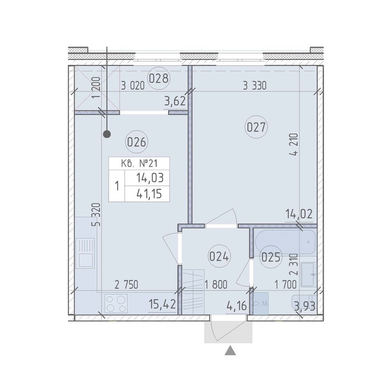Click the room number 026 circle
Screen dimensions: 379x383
(x=136, y=142)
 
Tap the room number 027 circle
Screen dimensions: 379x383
(x=256, y=127)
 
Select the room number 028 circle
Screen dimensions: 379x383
(x=159, y=79)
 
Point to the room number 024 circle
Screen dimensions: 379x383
(x=219, y=257)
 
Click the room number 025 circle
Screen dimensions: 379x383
(x=270, y=257)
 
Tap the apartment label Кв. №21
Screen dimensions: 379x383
(x=139, y=163)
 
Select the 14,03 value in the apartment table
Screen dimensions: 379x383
(x=150, y=178)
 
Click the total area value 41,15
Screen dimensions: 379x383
(x=149, y=193)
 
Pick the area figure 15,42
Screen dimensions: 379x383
(x=162, y=305)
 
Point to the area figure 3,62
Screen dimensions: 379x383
(x=175, y=100)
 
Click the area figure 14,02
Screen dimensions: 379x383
(x=299, y=214)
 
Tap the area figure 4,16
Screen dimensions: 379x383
(x=236, y=306)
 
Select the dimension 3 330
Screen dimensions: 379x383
(x=254, y=86)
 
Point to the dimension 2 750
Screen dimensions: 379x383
(x=126, y=285)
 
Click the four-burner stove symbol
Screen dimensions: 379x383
(x=116, y=303)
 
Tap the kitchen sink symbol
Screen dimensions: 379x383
(x=85, y=253)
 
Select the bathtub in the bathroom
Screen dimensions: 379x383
(x=285, y=242)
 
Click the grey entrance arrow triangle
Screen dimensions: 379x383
(x=230, y=351)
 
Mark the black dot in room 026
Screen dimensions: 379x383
(x=107, y=134)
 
